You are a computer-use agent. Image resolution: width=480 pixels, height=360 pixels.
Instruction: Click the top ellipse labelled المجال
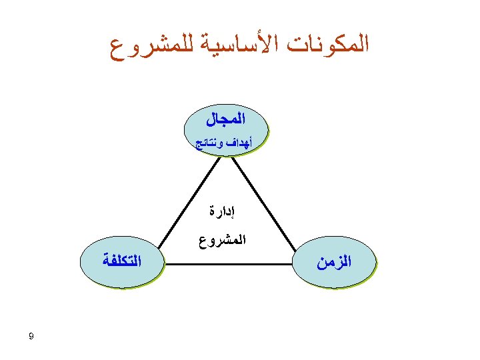225,129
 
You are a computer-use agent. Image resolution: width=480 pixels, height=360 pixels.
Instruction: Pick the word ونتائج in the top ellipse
207,143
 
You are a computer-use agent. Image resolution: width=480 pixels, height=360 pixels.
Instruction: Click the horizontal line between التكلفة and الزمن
230,265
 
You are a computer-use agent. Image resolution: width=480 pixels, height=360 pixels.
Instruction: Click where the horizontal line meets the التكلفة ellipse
165,265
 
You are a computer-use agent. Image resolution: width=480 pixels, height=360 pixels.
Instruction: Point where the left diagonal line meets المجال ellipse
219,156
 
